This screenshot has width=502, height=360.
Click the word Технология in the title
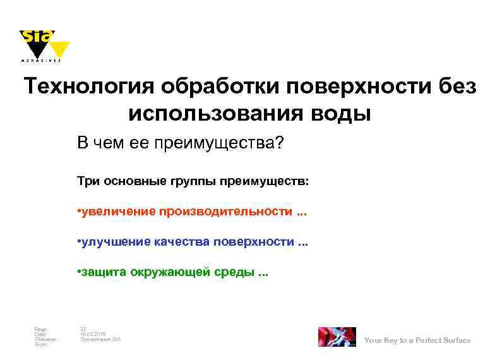pos(90,88)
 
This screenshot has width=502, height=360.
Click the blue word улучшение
pos(114,242)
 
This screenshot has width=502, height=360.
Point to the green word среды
pos(234,272)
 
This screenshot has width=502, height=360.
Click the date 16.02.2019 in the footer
pos(93,334)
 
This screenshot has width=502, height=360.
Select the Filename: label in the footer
pos(45,339)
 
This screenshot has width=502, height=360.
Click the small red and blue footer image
pos(337,337)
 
